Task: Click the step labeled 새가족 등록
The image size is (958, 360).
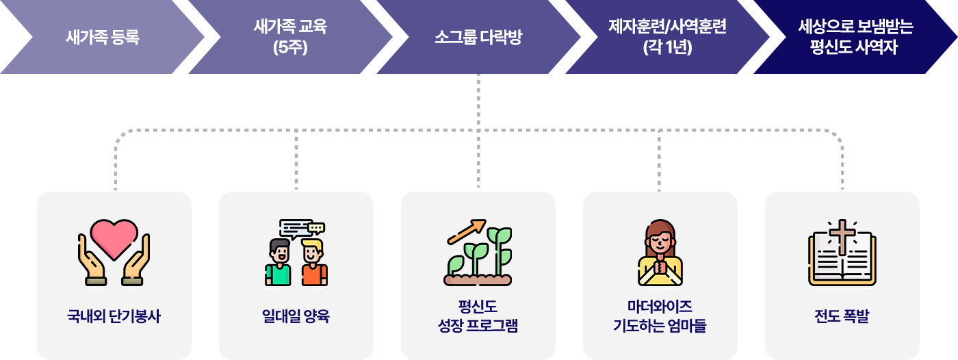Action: tap(103, 37)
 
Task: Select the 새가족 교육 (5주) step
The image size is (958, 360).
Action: tap(290, 37)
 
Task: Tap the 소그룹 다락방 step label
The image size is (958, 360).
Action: tap(478, 37)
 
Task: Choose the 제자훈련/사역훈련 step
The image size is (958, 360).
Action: tap(667, 37)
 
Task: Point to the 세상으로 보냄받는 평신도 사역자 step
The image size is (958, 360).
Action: tap(855, 37)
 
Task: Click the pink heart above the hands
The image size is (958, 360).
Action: tap(114, 237)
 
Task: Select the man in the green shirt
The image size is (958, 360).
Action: tap(279, 263)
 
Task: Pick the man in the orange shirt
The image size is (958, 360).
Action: tap(314, 263)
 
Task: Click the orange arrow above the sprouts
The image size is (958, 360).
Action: tap(466, 231)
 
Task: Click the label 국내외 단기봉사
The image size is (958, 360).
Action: tap(114, 317)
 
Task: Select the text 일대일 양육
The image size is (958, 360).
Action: tap(296, 317)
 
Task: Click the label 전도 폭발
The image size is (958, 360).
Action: tap(842, 317)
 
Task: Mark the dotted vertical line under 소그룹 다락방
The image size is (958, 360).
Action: tap(478, 103)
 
